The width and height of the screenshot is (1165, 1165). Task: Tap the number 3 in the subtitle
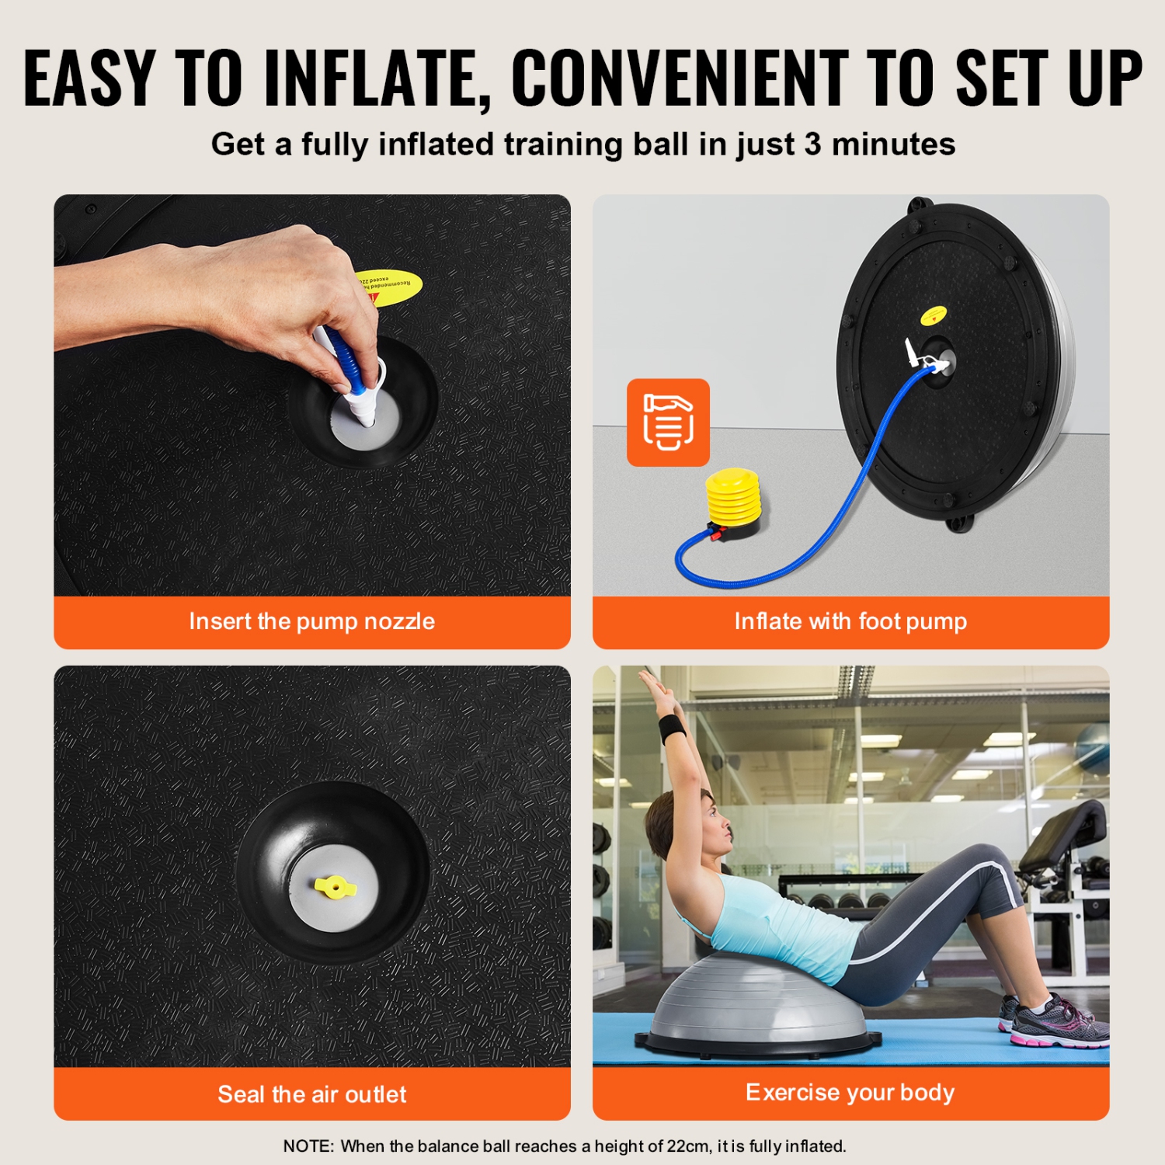pos(812,144)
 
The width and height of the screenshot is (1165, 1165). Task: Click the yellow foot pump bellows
pos(733,497)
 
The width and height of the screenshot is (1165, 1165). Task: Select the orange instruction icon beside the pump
pos(668,423)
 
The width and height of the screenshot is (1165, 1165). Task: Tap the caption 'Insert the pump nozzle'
pos(311,621)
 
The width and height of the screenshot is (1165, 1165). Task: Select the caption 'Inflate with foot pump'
pos(850,621)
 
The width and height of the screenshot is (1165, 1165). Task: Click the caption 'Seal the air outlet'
pos(311,1094)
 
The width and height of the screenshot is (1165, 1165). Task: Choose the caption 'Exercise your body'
pos(850,1093)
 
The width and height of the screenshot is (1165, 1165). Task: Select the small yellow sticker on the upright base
pos(933,315)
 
